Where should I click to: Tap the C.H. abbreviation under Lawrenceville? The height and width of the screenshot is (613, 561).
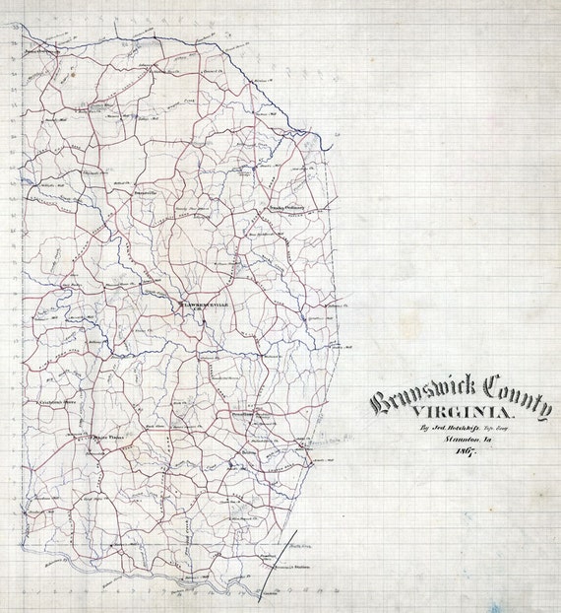pyautogui.click(x=207, y=312)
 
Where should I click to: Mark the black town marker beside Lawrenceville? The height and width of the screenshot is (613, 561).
pyautogui.click(x=180, y=305)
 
